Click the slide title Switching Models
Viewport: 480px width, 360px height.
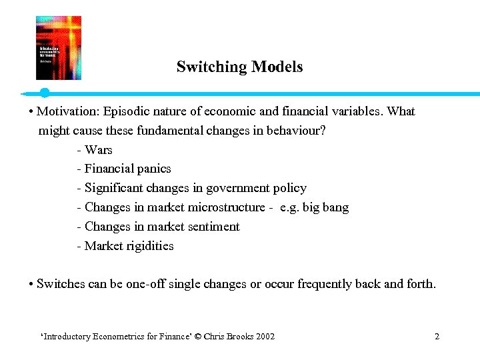click(x=239, y=67)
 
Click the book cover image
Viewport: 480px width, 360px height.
click(x=59, y=48)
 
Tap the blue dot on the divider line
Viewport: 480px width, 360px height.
click(x=44, y=93)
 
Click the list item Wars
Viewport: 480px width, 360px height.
click(x=98, y=150)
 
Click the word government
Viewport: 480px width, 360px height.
click(x=235, y=189)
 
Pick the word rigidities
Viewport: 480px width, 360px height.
click(x=150, y=247)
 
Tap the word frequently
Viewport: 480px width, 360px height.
click(x=325, y=285)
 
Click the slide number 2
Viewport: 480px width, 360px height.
click(x=437, y=337)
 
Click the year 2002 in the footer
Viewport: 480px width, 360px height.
click(x=263, y=337)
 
